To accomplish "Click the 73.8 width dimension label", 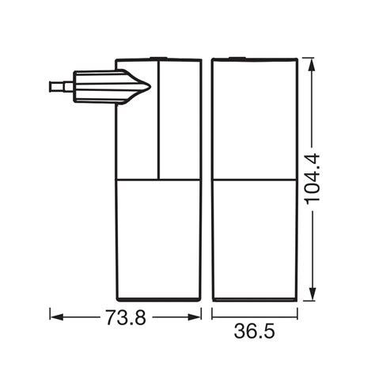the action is click(x=126, y=317).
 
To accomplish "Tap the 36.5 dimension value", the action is click(x=254, y=331).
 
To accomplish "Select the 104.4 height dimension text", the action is click(x=312, y=180).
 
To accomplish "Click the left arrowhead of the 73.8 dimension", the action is click(x=56, y=317).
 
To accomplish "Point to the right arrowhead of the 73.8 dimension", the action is click(x=195, y=317).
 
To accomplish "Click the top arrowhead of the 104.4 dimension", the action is click(x=312, y=64).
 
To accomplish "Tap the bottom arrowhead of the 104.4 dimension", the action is click(x=312, y=294).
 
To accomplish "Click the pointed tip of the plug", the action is click(x=150, y=86).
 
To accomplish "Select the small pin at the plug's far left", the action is click(x=56, y=87).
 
